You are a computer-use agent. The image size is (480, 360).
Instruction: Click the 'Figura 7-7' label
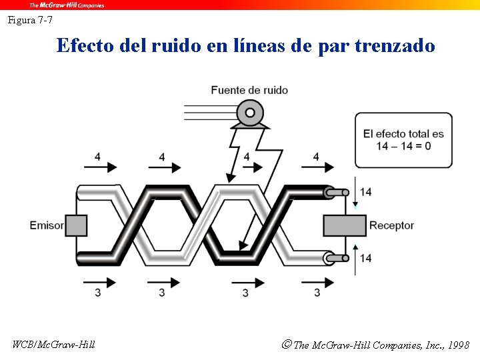click(x=30, y=20)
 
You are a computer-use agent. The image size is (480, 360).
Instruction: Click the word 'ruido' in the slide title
click(x=174, y=46)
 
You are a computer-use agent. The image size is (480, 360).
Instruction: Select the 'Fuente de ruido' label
click(x=249, y=90)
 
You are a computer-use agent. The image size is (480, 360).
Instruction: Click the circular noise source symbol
click(x=250, y=113)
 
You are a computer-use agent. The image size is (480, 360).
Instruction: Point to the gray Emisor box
click(x=75, y=225)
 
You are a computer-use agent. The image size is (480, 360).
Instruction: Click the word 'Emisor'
click(x=47, y=225)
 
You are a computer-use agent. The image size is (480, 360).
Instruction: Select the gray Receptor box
click(x=344, y=225)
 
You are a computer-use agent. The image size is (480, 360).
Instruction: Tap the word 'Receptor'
click(x=391, y=225)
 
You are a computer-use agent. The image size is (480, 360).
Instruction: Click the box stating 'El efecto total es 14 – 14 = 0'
click(x=403, y=140)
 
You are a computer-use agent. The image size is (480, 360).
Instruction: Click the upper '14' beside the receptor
click(x=365, y=192)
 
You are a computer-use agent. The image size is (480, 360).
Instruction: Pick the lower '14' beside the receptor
click(x=365, y=258)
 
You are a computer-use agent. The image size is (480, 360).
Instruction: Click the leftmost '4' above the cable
click(x=97, y=157)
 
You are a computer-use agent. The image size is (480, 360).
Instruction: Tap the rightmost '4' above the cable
click(x=316, y=157)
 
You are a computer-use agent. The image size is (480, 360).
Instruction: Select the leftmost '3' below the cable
click(x=98, y=292)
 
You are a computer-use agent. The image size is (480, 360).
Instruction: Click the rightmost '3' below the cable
click(x=317, y=292)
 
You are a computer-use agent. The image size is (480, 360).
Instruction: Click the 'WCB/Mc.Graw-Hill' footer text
click(x=53, y=345)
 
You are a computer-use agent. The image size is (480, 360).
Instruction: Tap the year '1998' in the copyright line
click(x=459, y=345)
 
